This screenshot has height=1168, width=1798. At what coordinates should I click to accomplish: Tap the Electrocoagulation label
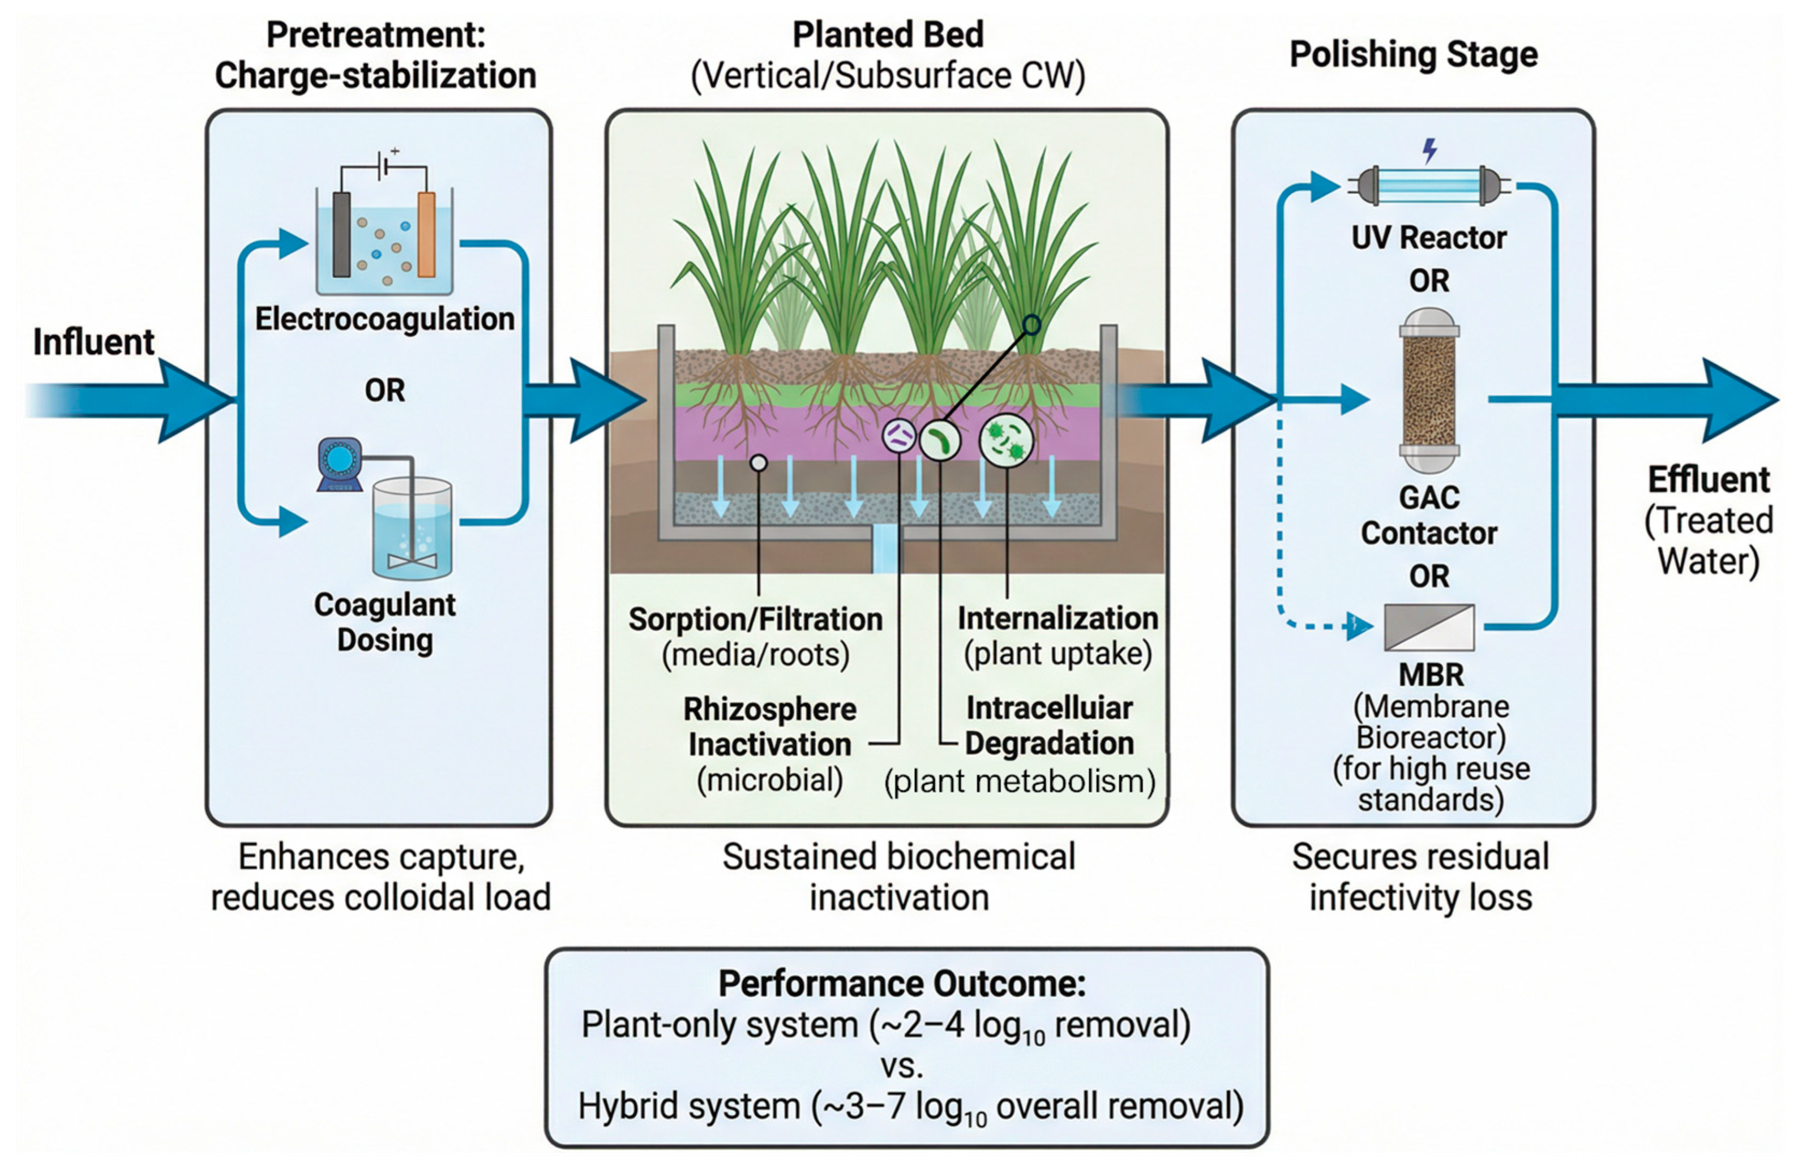tap(384, 319)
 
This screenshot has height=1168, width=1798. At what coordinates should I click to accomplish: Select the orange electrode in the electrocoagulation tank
tap(426, 234)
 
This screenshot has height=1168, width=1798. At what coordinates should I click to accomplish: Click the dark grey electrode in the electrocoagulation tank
tap(341, 234)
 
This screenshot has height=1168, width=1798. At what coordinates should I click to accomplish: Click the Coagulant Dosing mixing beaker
tap(413, 529)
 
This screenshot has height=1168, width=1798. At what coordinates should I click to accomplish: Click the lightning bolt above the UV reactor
tap(1429, 151)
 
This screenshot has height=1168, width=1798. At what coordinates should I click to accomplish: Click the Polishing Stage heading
tap(1412, 54)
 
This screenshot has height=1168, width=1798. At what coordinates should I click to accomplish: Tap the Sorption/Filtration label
tap(755, 619)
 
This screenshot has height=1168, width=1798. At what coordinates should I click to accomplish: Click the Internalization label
tap(1058, 619)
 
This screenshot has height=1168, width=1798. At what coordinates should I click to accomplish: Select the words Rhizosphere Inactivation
tap(770, 726)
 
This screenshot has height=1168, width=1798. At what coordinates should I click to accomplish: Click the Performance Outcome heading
tap(902, 983)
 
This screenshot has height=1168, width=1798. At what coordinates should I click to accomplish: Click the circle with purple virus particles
tap(899, 436)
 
